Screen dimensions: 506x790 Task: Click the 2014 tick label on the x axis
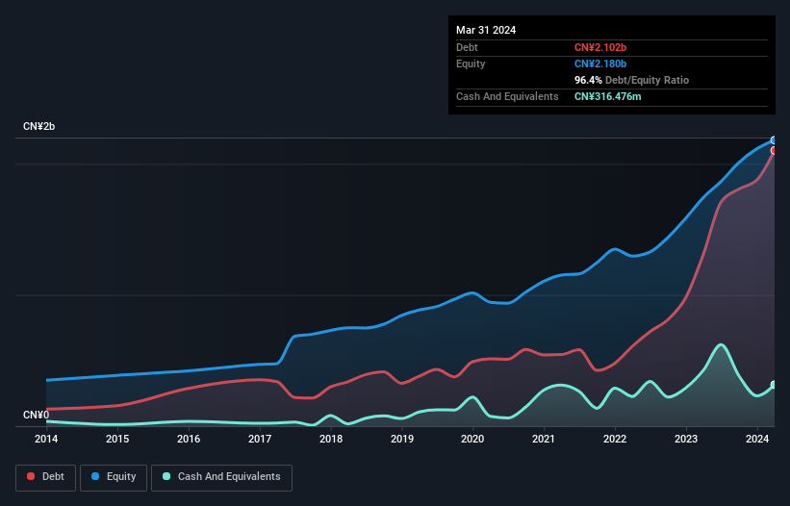click(46, 440)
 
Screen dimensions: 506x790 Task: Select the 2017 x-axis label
click(260, 440)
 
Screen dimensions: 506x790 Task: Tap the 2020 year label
click(472, 440)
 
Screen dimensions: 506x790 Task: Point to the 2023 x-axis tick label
click(686, 440)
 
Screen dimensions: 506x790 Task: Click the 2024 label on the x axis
click(756, 440)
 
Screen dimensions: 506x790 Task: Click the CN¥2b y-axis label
click(40, 127)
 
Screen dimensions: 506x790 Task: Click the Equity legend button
click(114, 477)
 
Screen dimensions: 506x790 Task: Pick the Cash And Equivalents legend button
click(220, 477)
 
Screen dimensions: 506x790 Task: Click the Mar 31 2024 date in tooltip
click(486, 30)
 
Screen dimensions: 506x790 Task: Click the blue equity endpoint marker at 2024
click(774, 140)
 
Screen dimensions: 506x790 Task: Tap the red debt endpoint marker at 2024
click(774, 150)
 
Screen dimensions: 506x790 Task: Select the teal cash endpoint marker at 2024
click(774, 385)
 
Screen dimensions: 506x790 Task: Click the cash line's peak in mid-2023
click(721, 344)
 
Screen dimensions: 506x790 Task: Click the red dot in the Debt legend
click(32, 477)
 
